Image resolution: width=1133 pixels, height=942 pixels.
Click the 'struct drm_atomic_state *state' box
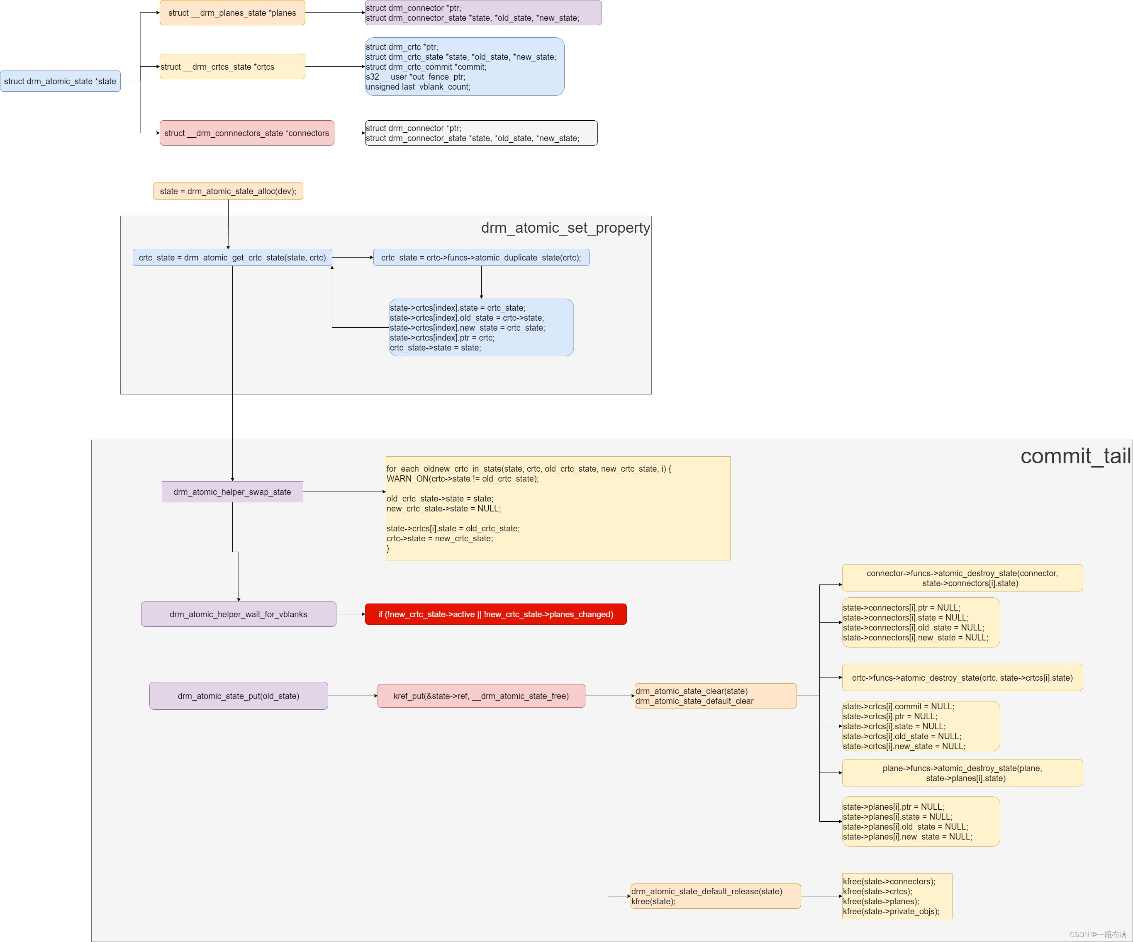pos(61,81)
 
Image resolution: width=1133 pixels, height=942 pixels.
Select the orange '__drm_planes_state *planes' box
pos(232,13)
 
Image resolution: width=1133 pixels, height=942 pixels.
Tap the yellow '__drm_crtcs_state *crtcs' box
pos(232,67)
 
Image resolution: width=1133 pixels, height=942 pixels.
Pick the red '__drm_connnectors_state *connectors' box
pos(246,133)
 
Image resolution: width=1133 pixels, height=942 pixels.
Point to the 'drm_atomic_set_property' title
pos(565,228)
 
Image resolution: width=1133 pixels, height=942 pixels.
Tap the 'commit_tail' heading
pos(1075,456)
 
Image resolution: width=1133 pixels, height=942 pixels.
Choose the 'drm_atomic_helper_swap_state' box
pos(232,492)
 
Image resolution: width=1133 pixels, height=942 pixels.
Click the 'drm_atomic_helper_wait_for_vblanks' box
pos(239,614)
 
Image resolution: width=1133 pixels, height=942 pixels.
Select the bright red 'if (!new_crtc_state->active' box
pos(495,614)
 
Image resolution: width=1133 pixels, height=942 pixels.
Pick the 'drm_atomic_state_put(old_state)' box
pos(239,696)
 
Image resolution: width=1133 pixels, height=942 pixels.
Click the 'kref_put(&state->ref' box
pos(481,696)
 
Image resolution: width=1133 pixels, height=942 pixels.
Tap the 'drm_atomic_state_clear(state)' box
pos(715,696)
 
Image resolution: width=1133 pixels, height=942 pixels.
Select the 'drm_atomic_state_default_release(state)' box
pos(715,896)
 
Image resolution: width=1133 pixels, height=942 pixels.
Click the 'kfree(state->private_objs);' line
pos(891,912)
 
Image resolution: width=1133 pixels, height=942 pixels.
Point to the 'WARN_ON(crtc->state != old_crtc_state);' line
pos(463,479)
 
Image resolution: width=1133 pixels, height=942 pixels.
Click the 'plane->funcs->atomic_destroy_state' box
pos(962,773)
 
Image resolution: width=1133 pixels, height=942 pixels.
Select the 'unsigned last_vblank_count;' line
pos(418,87)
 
